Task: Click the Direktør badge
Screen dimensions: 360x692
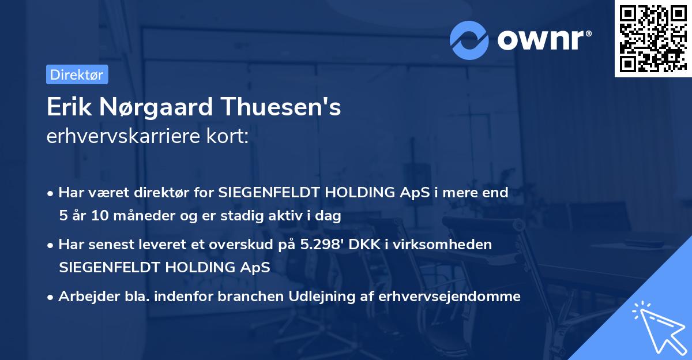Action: coord(76,74)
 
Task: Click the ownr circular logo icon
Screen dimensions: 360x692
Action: coord(469,40)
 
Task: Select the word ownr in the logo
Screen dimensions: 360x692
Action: coord(542,40)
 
